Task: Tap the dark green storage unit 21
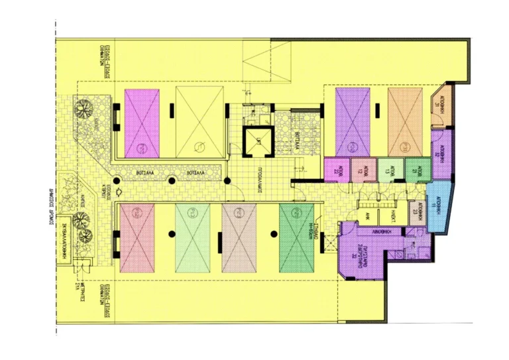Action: [414, 169]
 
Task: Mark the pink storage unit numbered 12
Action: [363, 169]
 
